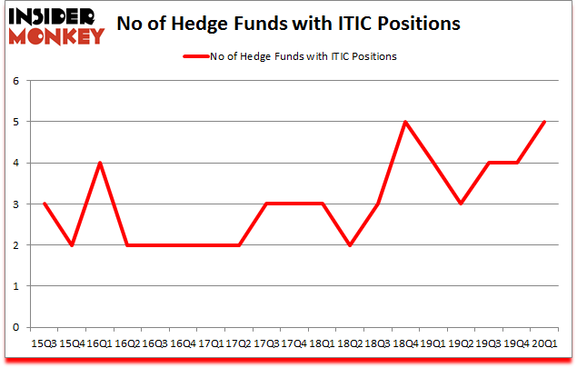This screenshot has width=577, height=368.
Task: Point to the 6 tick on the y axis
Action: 15,81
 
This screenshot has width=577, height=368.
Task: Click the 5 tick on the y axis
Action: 15,122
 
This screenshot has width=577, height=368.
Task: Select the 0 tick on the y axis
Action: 15,327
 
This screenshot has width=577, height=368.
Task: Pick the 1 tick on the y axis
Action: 15,286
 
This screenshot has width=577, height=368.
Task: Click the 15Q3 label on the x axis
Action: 44,343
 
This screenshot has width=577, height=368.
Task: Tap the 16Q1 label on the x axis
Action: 99,343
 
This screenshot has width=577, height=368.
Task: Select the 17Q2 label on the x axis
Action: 238,343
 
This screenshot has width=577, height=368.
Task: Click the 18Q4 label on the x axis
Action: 406,343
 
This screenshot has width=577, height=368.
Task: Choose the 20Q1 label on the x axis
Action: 545,343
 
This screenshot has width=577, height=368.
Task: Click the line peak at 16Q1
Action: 99,163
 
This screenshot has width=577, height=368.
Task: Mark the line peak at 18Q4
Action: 406,122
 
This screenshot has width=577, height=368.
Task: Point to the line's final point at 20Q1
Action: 545,122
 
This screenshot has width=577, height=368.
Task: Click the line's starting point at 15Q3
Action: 44,204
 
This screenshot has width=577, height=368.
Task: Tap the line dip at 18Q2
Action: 351,244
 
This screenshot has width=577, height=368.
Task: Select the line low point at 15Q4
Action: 72,244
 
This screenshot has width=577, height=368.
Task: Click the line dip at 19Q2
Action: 462,204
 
